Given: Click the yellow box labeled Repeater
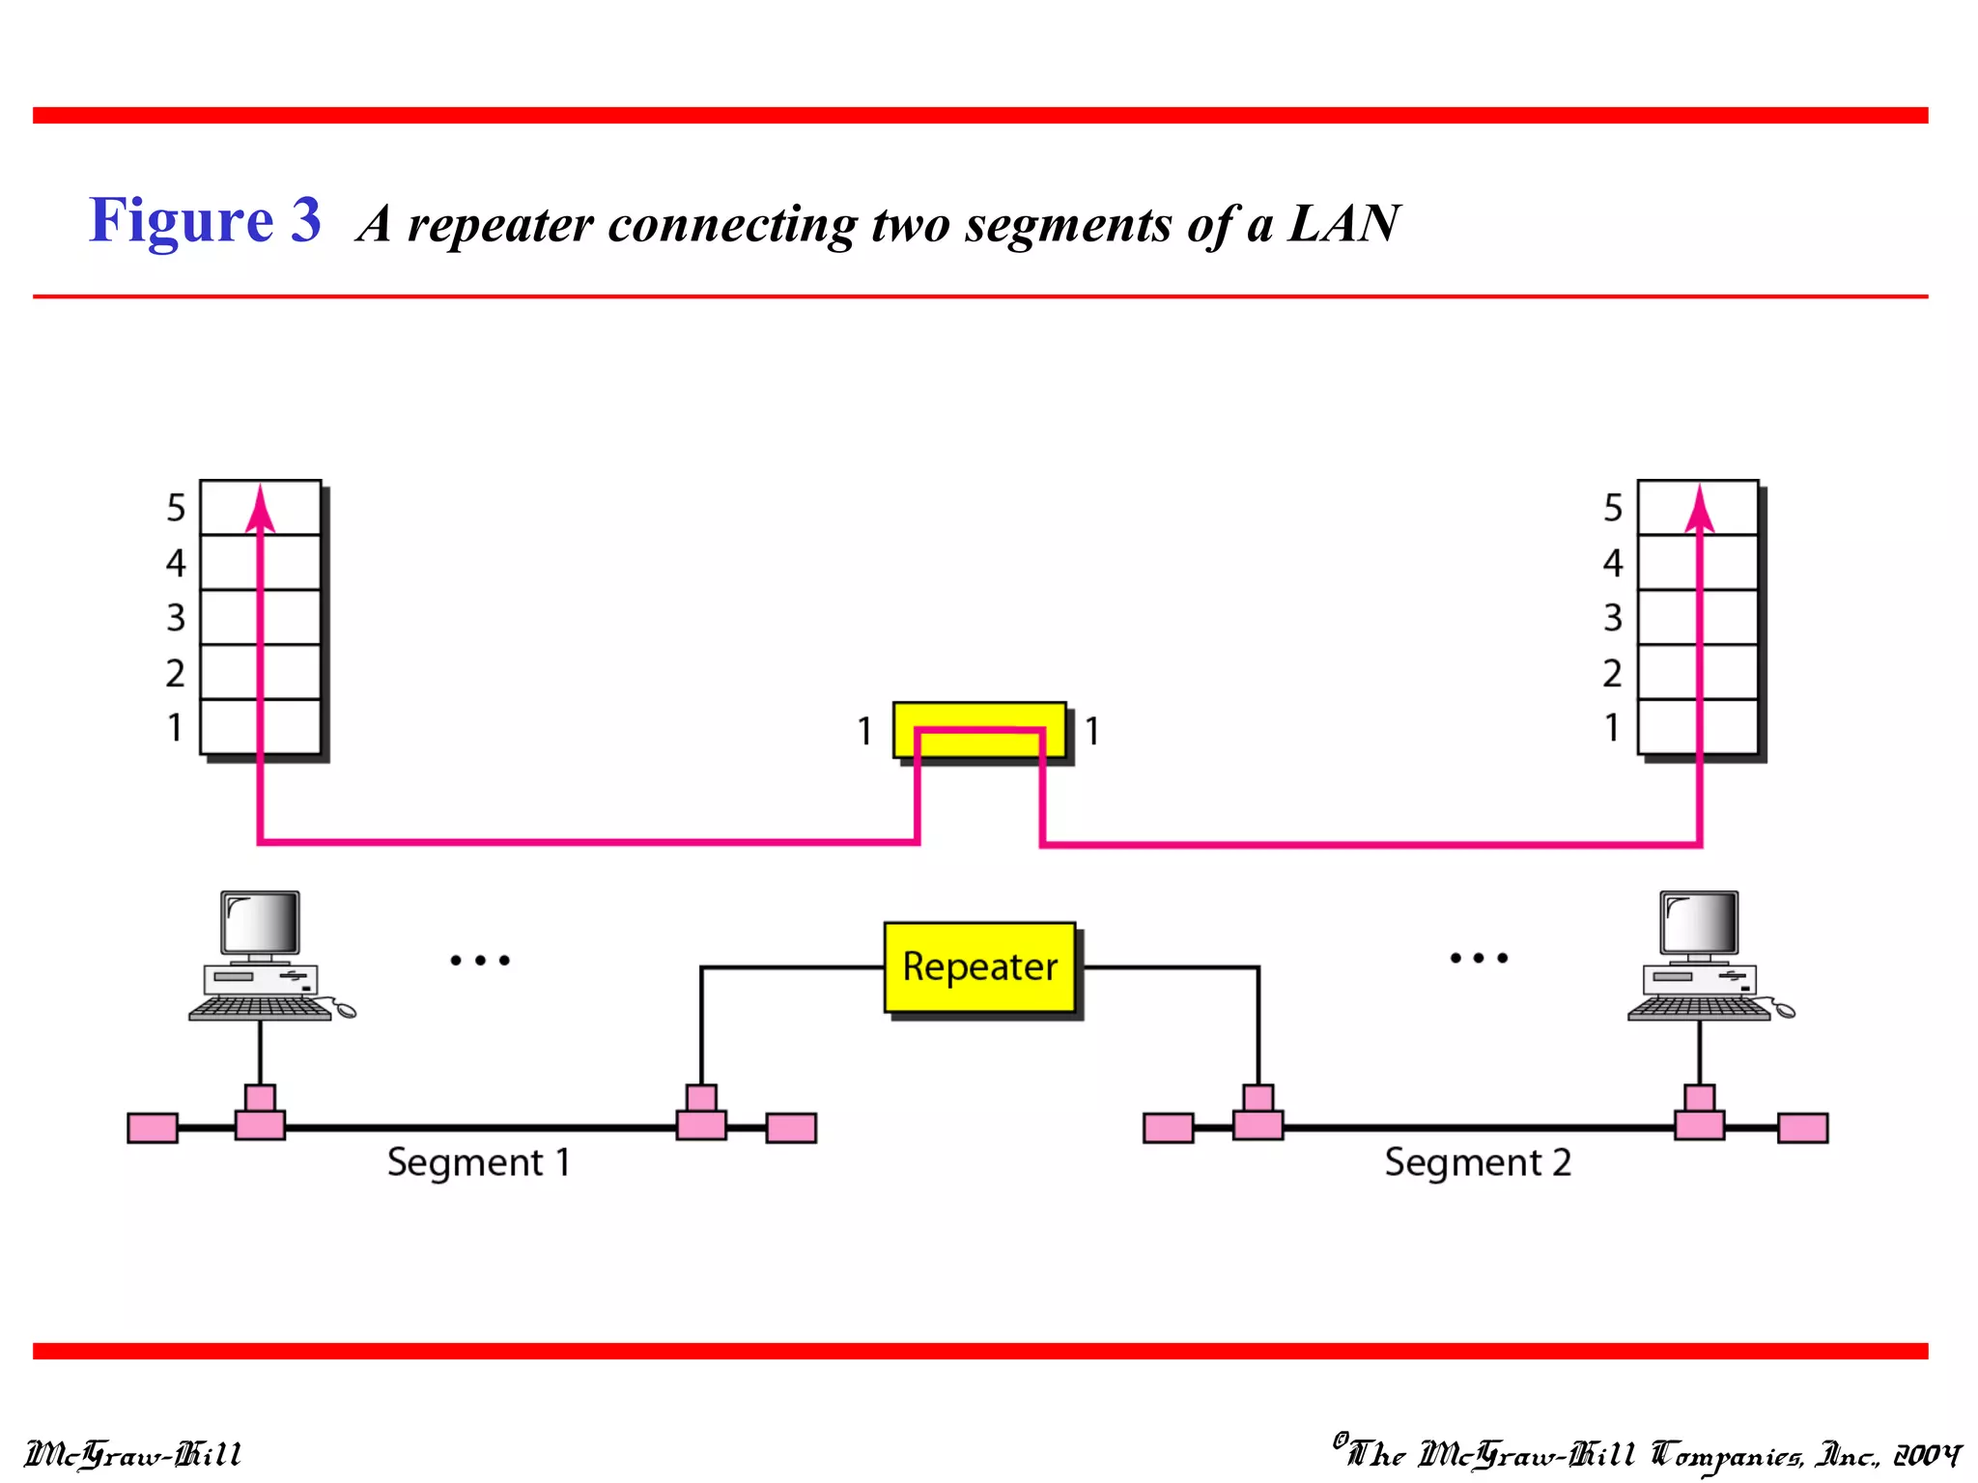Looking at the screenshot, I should click(x=979, y=966).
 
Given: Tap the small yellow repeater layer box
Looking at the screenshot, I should click(x=979, y=730).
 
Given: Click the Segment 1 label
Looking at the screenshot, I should click(x=478, y=1162).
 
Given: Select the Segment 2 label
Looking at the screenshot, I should click(x=1477, y=1162).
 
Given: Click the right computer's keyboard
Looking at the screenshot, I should click(x=1698, y=1008).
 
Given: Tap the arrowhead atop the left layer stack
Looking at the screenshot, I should click(x=260, y=509).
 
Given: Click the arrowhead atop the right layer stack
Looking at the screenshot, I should click(x=1699, y=509).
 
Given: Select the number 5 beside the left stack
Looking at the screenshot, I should click(x=176, y=508).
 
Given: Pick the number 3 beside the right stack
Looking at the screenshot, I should click(x=1612, y=618).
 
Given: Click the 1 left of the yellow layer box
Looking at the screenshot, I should click(x=864, y=732).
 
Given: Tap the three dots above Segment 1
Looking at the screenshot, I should click(x=480, y=960).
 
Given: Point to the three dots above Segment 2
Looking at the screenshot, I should click(x=1478, y=958).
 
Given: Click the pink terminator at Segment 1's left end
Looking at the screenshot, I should click(x=153, y=1128).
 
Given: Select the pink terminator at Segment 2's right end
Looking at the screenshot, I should click(x=1802, y=1128).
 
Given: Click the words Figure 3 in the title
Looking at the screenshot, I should click(x=205, y=220).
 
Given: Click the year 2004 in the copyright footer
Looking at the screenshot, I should click(x=1926, y=1455).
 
